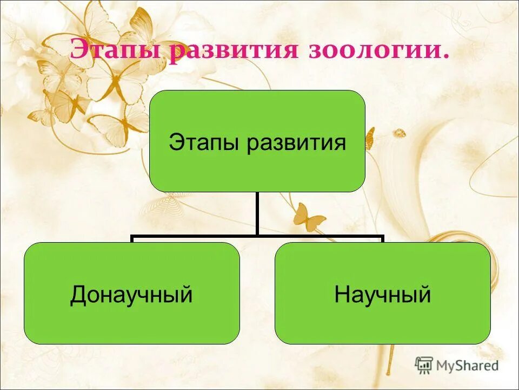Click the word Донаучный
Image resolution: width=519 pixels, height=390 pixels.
coord(131,295)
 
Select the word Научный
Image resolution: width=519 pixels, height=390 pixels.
coord(382,295)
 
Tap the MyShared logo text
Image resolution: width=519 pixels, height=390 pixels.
coord(467,365)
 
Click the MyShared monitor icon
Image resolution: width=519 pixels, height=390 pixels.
coord(424,365)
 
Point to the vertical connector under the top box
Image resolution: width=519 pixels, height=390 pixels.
coord(257,214)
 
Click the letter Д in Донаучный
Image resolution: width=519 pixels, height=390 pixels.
coord(78,296)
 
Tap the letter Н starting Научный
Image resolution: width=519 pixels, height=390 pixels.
coord(341,295)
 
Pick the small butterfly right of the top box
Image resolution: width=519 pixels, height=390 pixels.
coord(370,139)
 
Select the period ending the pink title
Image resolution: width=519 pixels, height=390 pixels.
coord(446,56)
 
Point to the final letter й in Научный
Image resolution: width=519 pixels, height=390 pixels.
coord(425,295)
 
